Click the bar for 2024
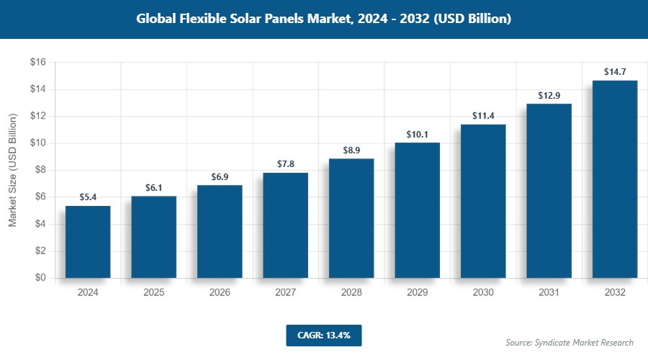coord(88,242)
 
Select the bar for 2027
coord(285,225)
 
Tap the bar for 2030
coord(483,201)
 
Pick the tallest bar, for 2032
coord(615,179)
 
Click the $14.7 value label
coord(615,72)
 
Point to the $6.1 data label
coord(153,187)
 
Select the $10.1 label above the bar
coord(417,134)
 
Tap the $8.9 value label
coord(351,150)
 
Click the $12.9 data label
coord(549,96)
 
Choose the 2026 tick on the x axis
coord(220,293)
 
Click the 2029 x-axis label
coord(417,293)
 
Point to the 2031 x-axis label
coord(549,293)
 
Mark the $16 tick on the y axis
coord(37,63)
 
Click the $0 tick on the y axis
coord(40,278)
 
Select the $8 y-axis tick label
coord(40,170)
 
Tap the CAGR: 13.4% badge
coord(323,336)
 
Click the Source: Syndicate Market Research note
coord(569,342)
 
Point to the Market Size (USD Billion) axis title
coord(12,171)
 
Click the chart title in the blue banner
coord(324,19)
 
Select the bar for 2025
coord(153,237)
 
